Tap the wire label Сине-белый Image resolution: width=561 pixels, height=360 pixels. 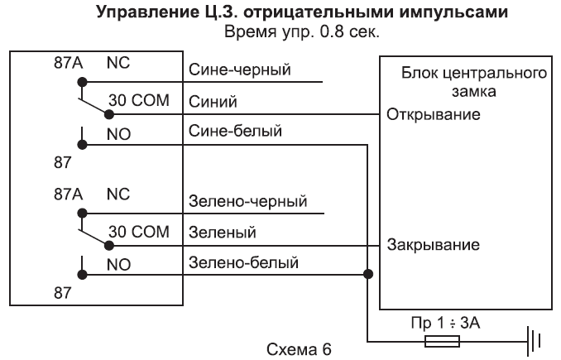pos(236,131)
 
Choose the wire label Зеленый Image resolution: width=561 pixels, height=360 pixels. pos(221,234)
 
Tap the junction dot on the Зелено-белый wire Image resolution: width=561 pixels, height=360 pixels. pos(367,275)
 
